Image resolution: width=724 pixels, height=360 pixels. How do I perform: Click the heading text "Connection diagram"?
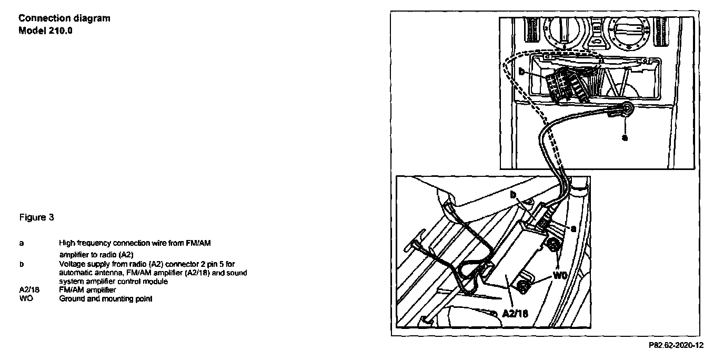coord(64,18)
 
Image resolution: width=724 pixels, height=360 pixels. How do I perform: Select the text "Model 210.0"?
coord(45,29)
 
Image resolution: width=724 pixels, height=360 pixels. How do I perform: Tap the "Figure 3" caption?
coord(36,217)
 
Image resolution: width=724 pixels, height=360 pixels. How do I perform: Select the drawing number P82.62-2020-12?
coord(676,346)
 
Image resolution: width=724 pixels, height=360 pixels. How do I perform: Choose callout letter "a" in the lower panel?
coord(572,229)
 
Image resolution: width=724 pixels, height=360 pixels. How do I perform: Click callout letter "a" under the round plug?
coord(625,138)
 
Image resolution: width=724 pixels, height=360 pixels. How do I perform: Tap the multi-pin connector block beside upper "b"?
coord(559,84)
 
